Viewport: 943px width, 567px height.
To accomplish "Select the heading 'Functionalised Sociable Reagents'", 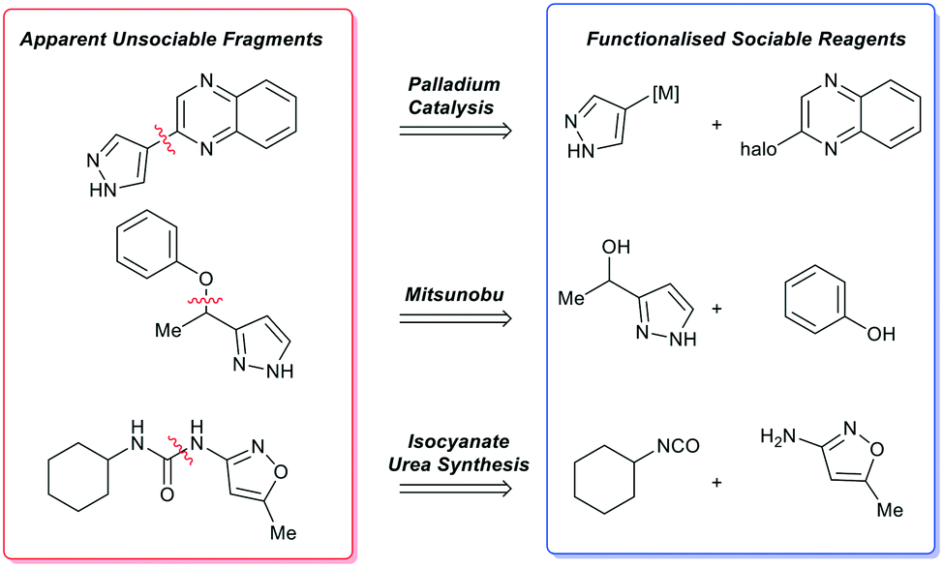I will coord(745,40).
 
